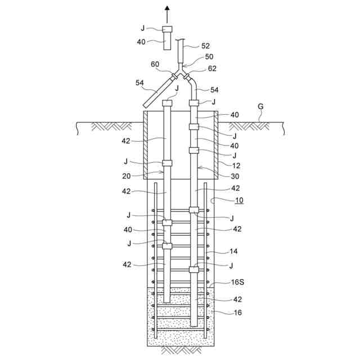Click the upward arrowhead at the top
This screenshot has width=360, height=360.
[168, 8]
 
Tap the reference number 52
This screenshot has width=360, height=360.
[205, 46]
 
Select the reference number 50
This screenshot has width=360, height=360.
[209, 57]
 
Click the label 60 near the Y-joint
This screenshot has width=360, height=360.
[155, 64]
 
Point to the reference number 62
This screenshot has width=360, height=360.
[212, 69]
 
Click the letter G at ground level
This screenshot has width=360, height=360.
[260, 106]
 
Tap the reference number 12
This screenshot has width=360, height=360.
[236, 165]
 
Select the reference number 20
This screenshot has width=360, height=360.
[126, 176]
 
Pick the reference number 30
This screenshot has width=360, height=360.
[235, 176]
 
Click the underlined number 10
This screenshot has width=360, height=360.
[239, 200]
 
